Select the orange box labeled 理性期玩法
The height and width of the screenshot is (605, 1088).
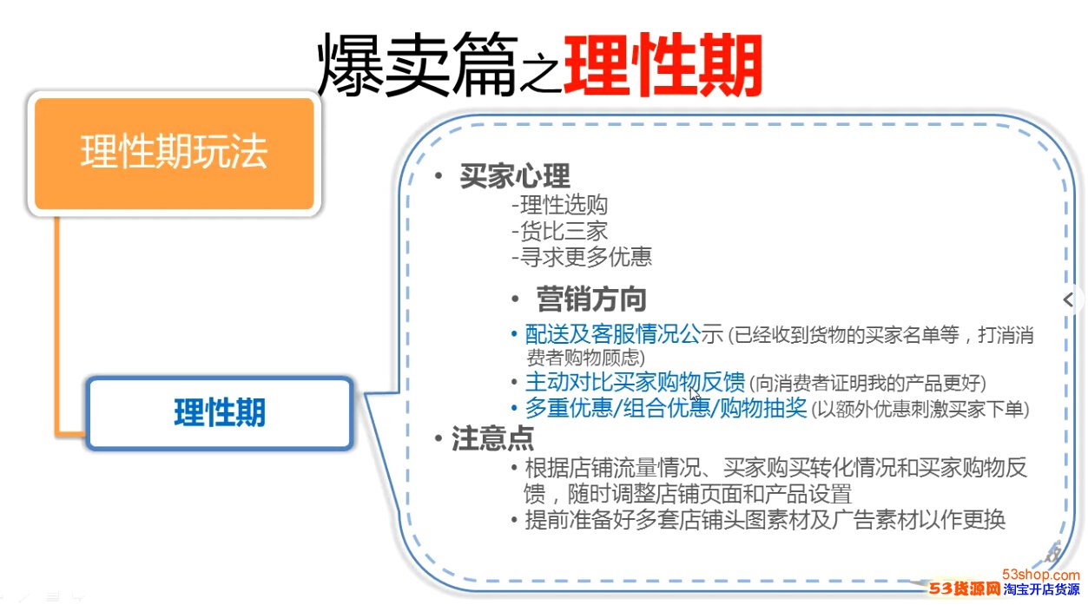pos(175,154)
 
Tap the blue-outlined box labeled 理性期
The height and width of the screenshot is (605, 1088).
pos(220,413)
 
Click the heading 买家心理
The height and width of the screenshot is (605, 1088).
pos(515,175)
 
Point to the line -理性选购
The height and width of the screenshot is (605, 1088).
pos(559,205)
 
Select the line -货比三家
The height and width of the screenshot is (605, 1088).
pos(559,231)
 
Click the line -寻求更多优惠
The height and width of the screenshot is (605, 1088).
pos(582,257)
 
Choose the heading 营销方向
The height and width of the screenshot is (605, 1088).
pos(591,299)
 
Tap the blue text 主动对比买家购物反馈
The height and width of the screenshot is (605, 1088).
pos(635,382)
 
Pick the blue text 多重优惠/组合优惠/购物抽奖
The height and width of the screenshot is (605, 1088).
pos(666,408)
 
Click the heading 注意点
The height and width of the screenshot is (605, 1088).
pos(492,438)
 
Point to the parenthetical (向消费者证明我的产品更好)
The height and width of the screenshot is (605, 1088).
pos(868,384)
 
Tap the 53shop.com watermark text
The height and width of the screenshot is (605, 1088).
pos(1041,575)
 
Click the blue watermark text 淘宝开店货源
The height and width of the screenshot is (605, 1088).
pos(1042,589)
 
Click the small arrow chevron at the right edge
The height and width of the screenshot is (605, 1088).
pos(1068,299)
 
